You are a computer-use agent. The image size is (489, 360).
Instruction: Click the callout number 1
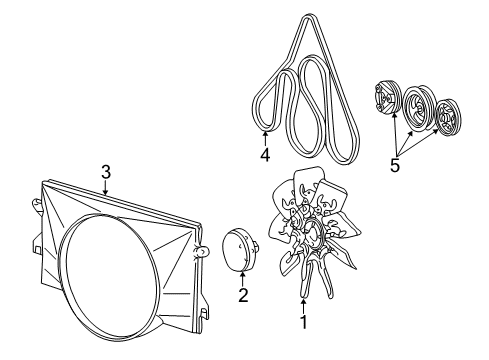tap(303, 322)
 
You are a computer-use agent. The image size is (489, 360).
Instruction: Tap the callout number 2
tap(243, 295)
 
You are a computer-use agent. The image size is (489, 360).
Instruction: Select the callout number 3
tap(106, 172)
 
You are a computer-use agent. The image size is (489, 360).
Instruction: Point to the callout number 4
tap(265, 155)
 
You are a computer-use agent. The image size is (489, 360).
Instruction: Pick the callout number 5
tap(395, 165)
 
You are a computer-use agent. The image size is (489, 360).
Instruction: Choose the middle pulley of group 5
tap(417, 108)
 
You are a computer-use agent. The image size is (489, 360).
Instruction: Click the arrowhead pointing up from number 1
tap(303, 302)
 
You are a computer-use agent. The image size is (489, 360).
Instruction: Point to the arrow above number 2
tap(243, 279)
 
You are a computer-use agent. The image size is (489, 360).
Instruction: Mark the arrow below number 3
tap(106, 188)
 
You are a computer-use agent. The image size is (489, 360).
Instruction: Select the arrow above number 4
tap(265, 139)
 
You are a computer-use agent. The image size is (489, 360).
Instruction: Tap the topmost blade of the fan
tap(308, 182)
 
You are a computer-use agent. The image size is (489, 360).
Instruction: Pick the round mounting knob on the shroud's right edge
tap(201, 251)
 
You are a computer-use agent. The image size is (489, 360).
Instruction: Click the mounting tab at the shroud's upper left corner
tap(36, 205)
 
